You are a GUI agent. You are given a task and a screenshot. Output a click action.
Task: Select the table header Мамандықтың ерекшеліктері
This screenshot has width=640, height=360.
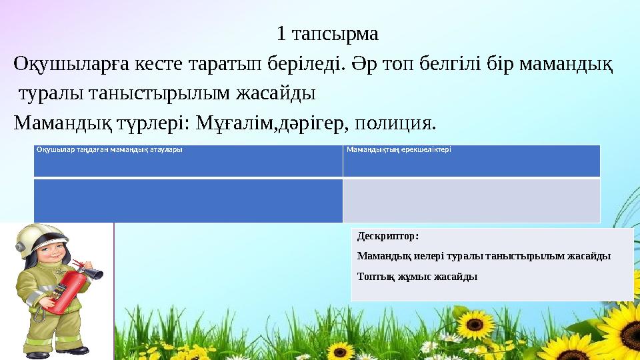pyautogui.click(x=399, y=149)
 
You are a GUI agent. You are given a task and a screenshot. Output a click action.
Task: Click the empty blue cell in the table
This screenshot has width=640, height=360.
pyautogui.click(x=188, y=200)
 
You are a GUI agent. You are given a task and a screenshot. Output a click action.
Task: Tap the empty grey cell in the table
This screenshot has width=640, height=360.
pyautogui.click(x=471, y=200)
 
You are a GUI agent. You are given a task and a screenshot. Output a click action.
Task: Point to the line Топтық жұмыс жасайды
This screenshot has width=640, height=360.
pyautogui.click(x=417, y=276)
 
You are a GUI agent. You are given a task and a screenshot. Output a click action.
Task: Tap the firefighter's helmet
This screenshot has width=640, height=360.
pyautogui.click(x=38, y=239)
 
